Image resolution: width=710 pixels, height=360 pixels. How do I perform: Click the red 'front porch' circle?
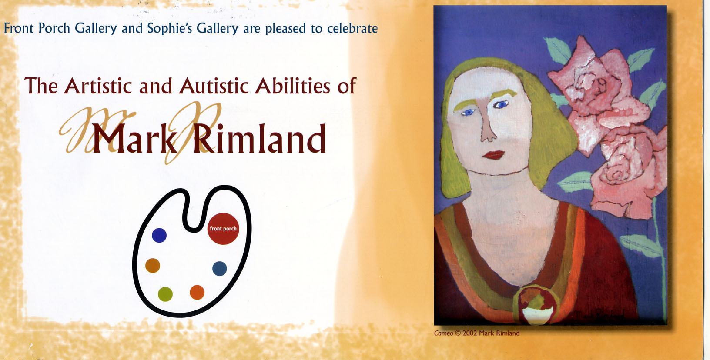tap(223, 229)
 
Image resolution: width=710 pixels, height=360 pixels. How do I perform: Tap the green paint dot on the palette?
tap(165, 294)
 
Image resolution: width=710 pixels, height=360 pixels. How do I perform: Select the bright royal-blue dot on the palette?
tap(159, 236)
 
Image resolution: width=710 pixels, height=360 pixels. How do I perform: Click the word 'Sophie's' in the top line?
tap(170, 29)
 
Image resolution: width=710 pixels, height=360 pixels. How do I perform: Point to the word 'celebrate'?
tap(352, 29)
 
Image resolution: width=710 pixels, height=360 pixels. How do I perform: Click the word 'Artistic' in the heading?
tap(97, 86)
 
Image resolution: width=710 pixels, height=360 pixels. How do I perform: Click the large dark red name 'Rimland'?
tap(259, 139)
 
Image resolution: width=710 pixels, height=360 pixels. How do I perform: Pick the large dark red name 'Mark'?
tap(134, 139)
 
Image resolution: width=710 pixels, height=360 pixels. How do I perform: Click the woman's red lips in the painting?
tap(493, 155)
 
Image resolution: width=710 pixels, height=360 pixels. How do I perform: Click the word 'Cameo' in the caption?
tap(443, 333)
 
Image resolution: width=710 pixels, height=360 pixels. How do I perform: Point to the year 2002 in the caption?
tap(470, 333)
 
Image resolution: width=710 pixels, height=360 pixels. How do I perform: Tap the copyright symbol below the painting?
tap(458, 333)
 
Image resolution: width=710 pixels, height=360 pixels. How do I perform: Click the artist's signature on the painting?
tap(599, 314)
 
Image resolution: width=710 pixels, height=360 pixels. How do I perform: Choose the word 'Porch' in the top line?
tap(54, 29)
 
